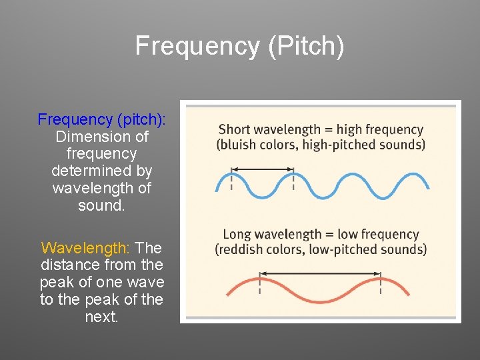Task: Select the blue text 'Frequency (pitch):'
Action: pyautogui.click(x=102, y=119)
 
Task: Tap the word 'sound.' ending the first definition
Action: pyautogui.click(x=101, y=205)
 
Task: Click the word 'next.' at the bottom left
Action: pyautogui.click(x=101, y=317)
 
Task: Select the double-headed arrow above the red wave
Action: pyautogui.click(x=320, y=273)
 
